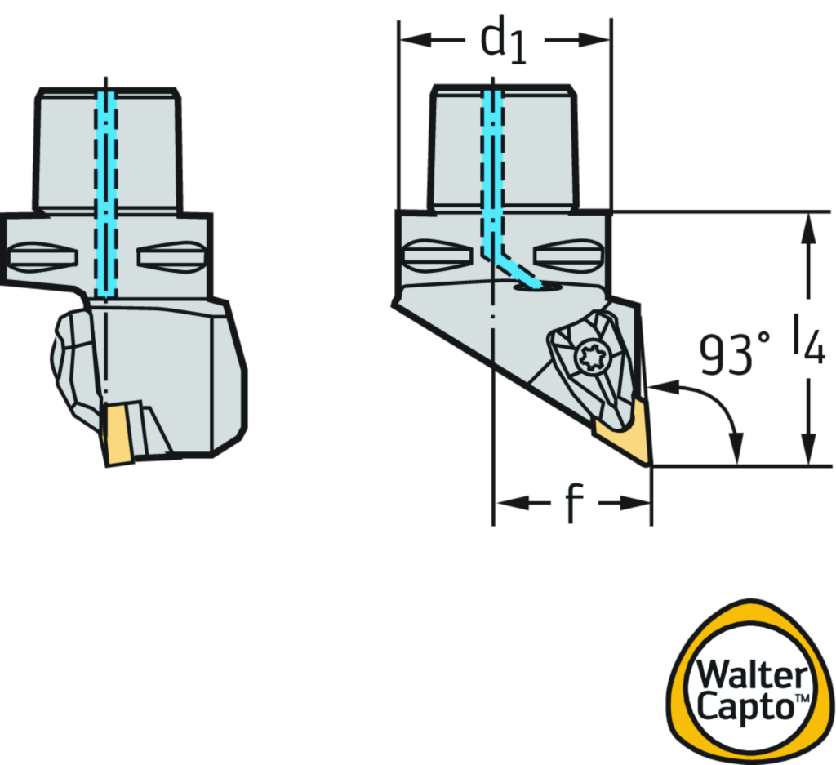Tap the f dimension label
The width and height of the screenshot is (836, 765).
574,504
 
